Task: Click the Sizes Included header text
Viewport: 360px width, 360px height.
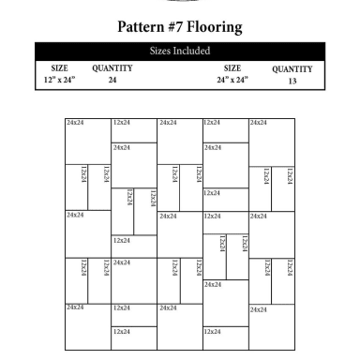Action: click(x=180, y=51)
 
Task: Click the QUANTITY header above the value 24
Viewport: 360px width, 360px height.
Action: click(x=112, y=68)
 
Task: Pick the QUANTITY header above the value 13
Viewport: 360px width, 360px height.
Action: click(x=292, y=68)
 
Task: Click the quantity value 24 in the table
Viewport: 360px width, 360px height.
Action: click(x=112, y=81)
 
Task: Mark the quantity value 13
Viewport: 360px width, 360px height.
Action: click(x=292, y=81)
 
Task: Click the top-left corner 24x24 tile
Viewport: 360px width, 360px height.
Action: click(x=87, y=141)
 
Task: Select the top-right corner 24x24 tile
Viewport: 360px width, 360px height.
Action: click(x=271, y=141)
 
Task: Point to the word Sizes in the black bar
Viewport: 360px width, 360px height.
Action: click(x=160, y=51)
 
